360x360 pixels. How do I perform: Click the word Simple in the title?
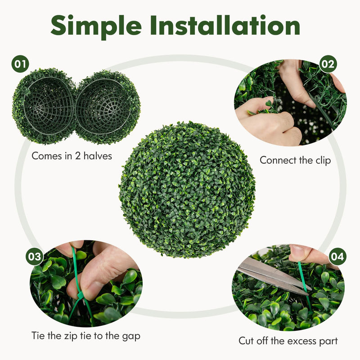tap(95, 26)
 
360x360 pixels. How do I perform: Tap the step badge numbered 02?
tap(328, 64)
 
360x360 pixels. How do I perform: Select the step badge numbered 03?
tap(34, 257)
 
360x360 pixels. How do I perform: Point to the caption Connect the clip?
tap(295, 160)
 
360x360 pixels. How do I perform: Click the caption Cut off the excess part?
tap(288, 341)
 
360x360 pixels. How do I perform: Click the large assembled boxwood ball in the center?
tap(187, 189)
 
